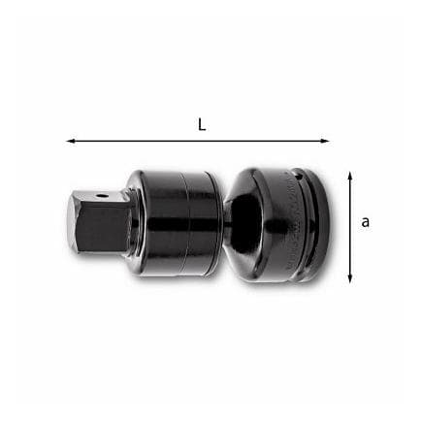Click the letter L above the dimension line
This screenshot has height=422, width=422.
[x=202, y=125]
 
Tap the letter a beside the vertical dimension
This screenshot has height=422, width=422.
[x=365, y=222]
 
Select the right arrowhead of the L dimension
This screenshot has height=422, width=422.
[x=325, y=141]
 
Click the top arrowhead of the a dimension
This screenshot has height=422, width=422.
[x=349, y=177]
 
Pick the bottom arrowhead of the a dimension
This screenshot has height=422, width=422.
[x=349, y=278]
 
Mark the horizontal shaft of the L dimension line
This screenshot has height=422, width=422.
[x=198, y=141]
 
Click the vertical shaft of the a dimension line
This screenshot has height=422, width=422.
[x=349, y=227]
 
